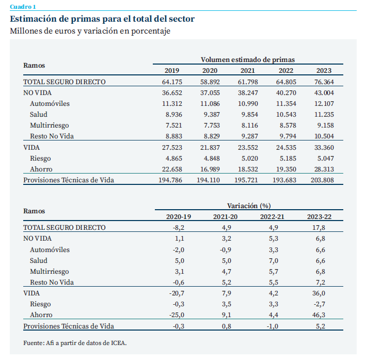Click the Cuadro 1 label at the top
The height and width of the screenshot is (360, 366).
tap(23, 6)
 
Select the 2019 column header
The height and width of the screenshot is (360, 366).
tap(172, 71)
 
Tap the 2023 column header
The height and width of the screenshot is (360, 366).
tap(324, 71)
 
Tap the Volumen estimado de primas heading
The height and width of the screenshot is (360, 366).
tap(247, 60)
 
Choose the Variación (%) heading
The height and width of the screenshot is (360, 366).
tap(249, 206)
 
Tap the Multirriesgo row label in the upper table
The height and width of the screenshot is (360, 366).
tap(50, 125)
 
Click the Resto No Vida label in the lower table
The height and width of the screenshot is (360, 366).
tap(52, 282)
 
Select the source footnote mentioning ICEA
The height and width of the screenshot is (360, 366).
tap(74, 343)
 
